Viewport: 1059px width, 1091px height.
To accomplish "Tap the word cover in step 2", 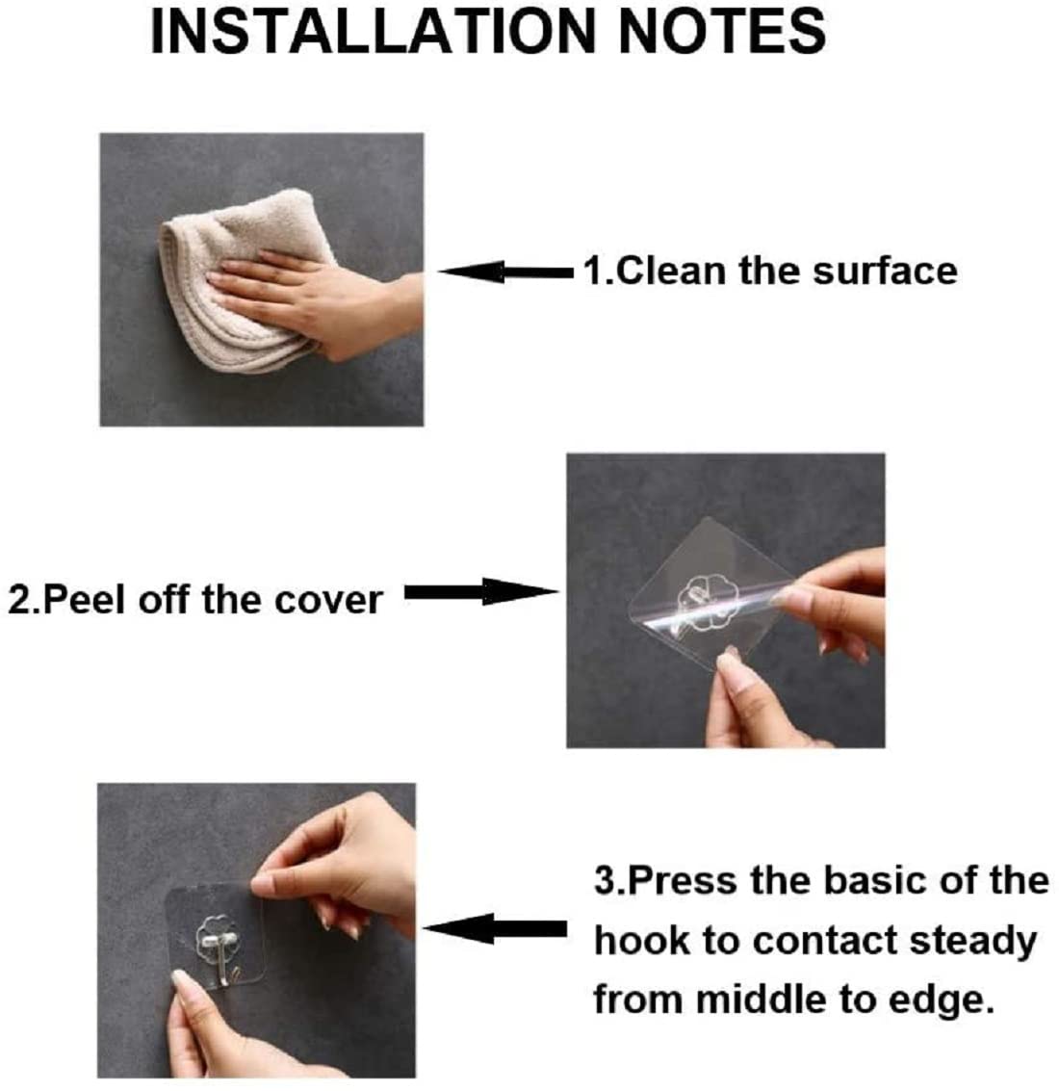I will tap(327, 599).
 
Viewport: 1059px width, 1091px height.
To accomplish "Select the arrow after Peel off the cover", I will tap(478, 592).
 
